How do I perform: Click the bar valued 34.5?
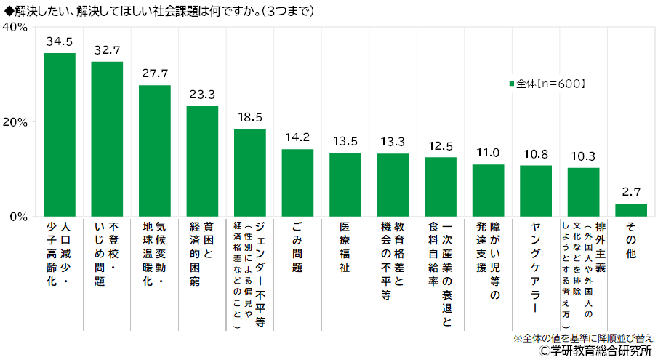(60, 135)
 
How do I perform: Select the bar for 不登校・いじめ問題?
(107, 139)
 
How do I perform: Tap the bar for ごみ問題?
(297, 183)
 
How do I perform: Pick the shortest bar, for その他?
(630, 210)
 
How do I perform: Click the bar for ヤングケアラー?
(536, 191)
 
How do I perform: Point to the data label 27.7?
(154, 74)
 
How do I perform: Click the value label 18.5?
(249, 117)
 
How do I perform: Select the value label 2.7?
(630, 193)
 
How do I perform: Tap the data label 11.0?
(488, 153)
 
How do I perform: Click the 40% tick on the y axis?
(15, 27)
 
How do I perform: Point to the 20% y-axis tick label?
(15, 121)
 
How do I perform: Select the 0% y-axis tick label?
(19, 216)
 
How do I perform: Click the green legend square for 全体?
(512, 84)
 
